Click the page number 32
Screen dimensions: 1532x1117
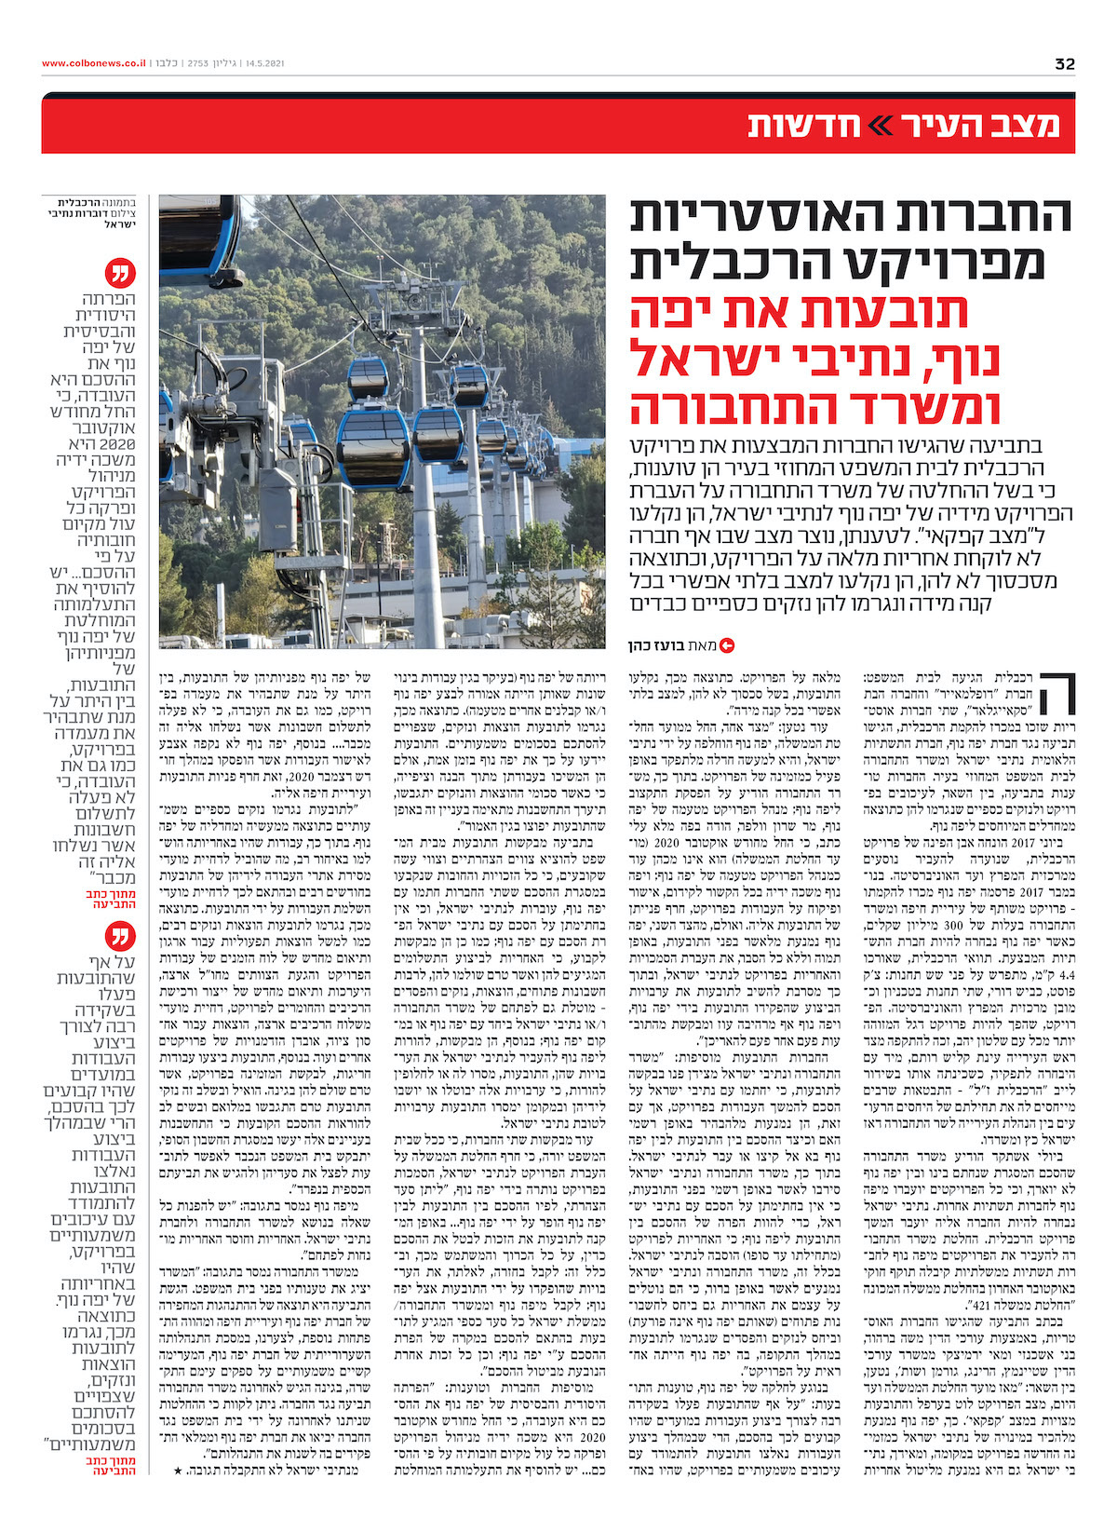click(1065, 64)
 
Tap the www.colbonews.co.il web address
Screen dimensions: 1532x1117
click(93, 64)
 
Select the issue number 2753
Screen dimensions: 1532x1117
click(198, 64)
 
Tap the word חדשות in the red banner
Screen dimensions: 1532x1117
click(790, 126)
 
